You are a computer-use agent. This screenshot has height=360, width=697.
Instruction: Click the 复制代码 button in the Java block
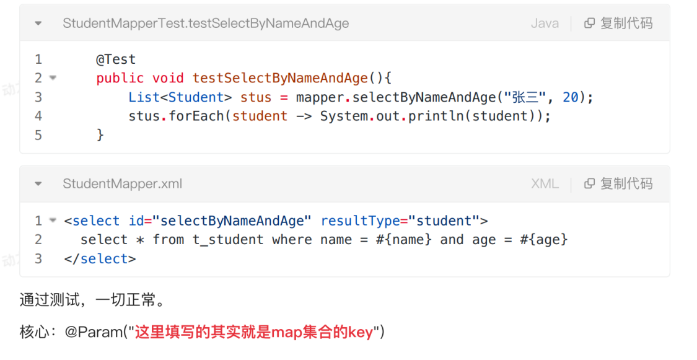pyautogui.click(x=618, y=24)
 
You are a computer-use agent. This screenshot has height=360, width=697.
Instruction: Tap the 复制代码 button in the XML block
pyautogui.click(x=618, y=184)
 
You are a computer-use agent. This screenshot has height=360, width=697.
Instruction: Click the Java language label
pyautogui.click(x=545, y=24)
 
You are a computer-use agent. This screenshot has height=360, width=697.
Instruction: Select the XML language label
pyautogui.click(x=545, y=184)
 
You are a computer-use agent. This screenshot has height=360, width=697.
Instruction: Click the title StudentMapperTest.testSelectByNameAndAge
pyautogui.click(x=206, y=24)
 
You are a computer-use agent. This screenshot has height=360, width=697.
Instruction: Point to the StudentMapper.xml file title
pyautogui.click(x=123, y=184)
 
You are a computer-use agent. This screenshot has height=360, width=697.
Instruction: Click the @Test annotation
pyautogui.click(x=116, y=59)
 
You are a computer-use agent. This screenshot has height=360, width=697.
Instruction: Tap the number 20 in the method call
pyautogui.click(x=570, y=97)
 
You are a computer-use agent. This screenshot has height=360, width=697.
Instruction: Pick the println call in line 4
pyautogui.click(x=437, y=116)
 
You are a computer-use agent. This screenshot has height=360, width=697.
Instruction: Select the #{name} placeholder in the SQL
pyautogui.click(x=403, y=240)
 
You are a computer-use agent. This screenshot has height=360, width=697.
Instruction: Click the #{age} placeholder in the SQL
pyautogui.click(x=543, y=240)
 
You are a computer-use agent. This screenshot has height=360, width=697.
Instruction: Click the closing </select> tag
pyautogui.click(x=100, y=258)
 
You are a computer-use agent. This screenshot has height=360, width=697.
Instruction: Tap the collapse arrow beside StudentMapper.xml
pyautogui.click(x=38, y=184)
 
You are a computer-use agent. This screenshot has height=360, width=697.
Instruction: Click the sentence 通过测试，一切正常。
pyautogui.click(x=93, y=301)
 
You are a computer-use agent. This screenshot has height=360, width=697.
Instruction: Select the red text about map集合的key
pyautogui.click(x=254, y=332)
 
